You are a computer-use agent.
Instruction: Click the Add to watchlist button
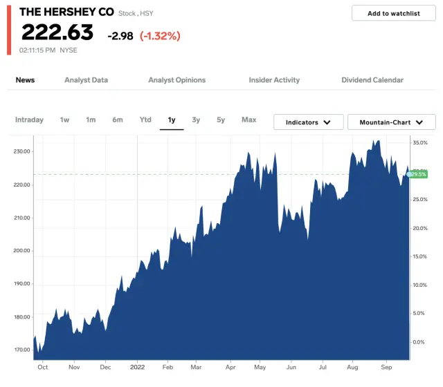point(393,13)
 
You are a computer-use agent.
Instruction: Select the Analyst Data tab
point(86,80)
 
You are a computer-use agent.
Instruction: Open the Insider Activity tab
point(274,80)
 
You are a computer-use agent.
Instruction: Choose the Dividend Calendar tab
point(372,80)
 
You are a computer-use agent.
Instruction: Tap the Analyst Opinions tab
point(177,80)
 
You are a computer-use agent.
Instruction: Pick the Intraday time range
point(29,120)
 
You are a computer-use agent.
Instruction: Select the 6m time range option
point(118,120)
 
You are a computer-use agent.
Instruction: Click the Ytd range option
point(145,120)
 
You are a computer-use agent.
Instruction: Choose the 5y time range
point(221,120)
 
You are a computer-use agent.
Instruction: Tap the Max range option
point(248,120)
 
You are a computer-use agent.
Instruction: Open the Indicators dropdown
point(308,122)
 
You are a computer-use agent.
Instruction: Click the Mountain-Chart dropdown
point(391,122)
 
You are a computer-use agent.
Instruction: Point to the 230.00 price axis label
point(21,151)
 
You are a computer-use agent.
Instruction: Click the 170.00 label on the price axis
point(21,350)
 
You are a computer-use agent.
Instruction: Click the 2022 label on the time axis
point(137,367)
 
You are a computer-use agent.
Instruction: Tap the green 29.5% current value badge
point(418,174)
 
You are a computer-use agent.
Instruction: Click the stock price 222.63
point(57,32)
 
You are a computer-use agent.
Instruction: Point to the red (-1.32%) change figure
point(161,35)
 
